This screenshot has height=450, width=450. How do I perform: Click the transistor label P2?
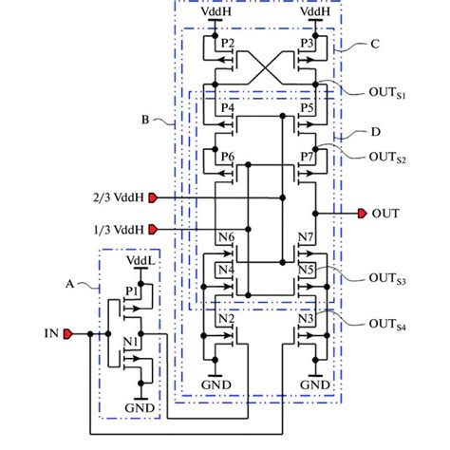click(226, 44)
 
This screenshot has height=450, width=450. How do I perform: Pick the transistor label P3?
click(307, 44)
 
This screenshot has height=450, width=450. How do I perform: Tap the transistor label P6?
click(226, 156)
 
